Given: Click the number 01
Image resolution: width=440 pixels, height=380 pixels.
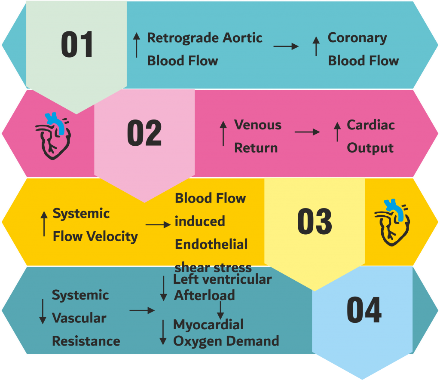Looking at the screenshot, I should pyautogui.click(x=77, y=45).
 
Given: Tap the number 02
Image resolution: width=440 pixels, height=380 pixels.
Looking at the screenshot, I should pyautogui.click(x=144, y=133).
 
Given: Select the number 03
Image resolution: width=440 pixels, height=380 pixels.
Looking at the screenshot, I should pyautogui.click(x=315, y=222).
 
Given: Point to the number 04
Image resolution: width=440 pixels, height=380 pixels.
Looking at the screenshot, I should pyautogui.click(x=364, y=310).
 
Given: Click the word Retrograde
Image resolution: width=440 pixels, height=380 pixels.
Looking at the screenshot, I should pyautogui.click(x=183, y=38).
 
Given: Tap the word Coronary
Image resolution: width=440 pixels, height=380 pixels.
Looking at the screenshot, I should pyautogui.click(x=357, y=38).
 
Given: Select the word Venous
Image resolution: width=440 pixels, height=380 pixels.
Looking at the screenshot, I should pyautogui.click(x=258, y=125).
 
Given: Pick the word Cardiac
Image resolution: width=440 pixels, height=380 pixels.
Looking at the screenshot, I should pyautogui.click(x=371, y=125).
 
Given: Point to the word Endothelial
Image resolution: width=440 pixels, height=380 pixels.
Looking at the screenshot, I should pyautogui.click(x=211, y=245).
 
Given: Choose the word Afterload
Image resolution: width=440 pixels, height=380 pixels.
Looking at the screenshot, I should pyautogui.click(x=204, y=295).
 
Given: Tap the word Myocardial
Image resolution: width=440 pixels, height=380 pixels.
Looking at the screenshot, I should pyautogui.click(x=208, y=324).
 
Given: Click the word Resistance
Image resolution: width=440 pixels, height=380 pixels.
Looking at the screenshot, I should pyautogui.click(x=86, y=341).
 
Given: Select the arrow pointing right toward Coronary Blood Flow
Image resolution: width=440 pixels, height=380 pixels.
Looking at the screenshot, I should pyautogui.click(x=286, y=46).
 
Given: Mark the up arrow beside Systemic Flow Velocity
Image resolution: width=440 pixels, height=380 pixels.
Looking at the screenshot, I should pyautogui.click(x=44, y=224).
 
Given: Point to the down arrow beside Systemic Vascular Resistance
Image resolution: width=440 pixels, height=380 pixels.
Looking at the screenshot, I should pyautogui.click(x=43, y=311).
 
